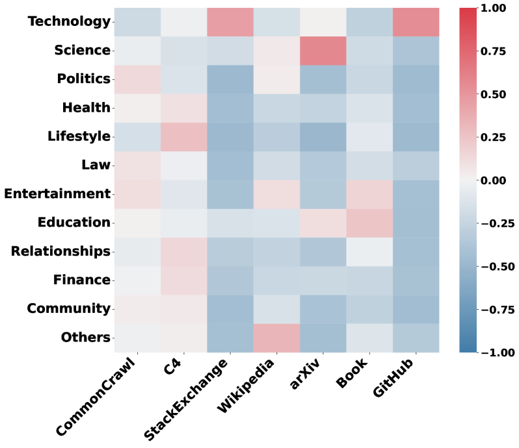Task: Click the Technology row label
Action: [69, 22]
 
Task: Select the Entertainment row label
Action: [57, 194]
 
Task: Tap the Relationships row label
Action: [60, 251]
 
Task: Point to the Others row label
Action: [85, 338]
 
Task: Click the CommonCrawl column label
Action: [98, 396]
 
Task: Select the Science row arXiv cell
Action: [323, 51]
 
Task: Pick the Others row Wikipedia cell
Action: [276, 338]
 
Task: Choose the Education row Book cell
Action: [369, 223]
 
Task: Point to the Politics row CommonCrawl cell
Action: [137, 79]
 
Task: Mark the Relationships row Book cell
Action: [369, 251]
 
